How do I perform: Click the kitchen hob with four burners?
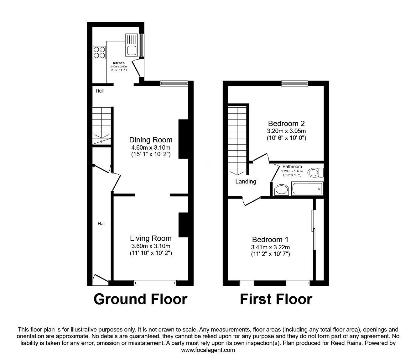[99, 52]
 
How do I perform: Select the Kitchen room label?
[119, 63]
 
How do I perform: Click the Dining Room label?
[151, 140]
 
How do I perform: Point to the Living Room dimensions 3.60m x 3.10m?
[151, 246]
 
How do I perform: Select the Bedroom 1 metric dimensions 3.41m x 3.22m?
[270, 247]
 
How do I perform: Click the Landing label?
[246, 181]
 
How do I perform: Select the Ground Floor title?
[140, 299]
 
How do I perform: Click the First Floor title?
[276, 299]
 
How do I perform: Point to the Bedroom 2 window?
[294, 83]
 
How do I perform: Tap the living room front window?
[155, 283]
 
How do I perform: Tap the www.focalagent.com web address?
[208, 350]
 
